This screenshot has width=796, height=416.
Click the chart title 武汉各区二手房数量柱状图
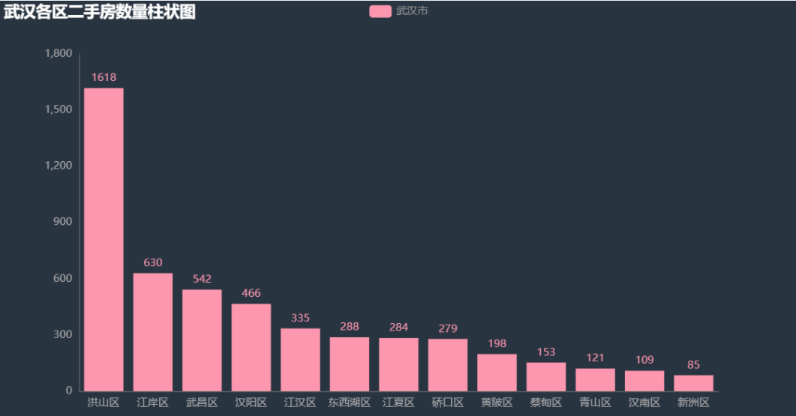[100, 11]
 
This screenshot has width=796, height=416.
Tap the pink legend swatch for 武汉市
[380, 11]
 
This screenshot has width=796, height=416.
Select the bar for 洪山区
[104, 239]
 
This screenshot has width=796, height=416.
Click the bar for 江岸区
[153, 331]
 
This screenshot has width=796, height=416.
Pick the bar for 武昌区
[202, 340]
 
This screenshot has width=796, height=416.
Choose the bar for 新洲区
[693, 383]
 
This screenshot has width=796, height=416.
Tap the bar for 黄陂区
[497, 373]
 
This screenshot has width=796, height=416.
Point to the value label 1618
[104, 77]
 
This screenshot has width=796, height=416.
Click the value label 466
[251, 293]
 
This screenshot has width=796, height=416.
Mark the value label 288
[350, 327]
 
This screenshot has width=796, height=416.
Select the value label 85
[693, 365]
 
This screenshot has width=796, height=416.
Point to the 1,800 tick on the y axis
[59, 53]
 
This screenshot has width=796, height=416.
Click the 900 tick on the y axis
[62, 222]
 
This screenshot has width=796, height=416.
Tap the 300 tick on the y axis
[62, 334]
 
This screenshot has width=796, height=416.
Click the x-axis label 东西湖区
[350, 403]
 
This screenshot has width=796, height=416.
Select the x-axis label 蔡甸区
[546, 403]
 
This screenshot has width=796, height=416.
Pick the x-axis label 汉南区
[644, 403]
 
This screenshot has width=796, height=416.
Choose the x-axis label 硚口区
[448, 403]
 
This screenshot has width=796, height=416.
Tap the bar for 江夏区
[398, 364]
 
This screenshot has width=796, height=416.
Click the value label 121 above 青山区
[595, 358]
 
